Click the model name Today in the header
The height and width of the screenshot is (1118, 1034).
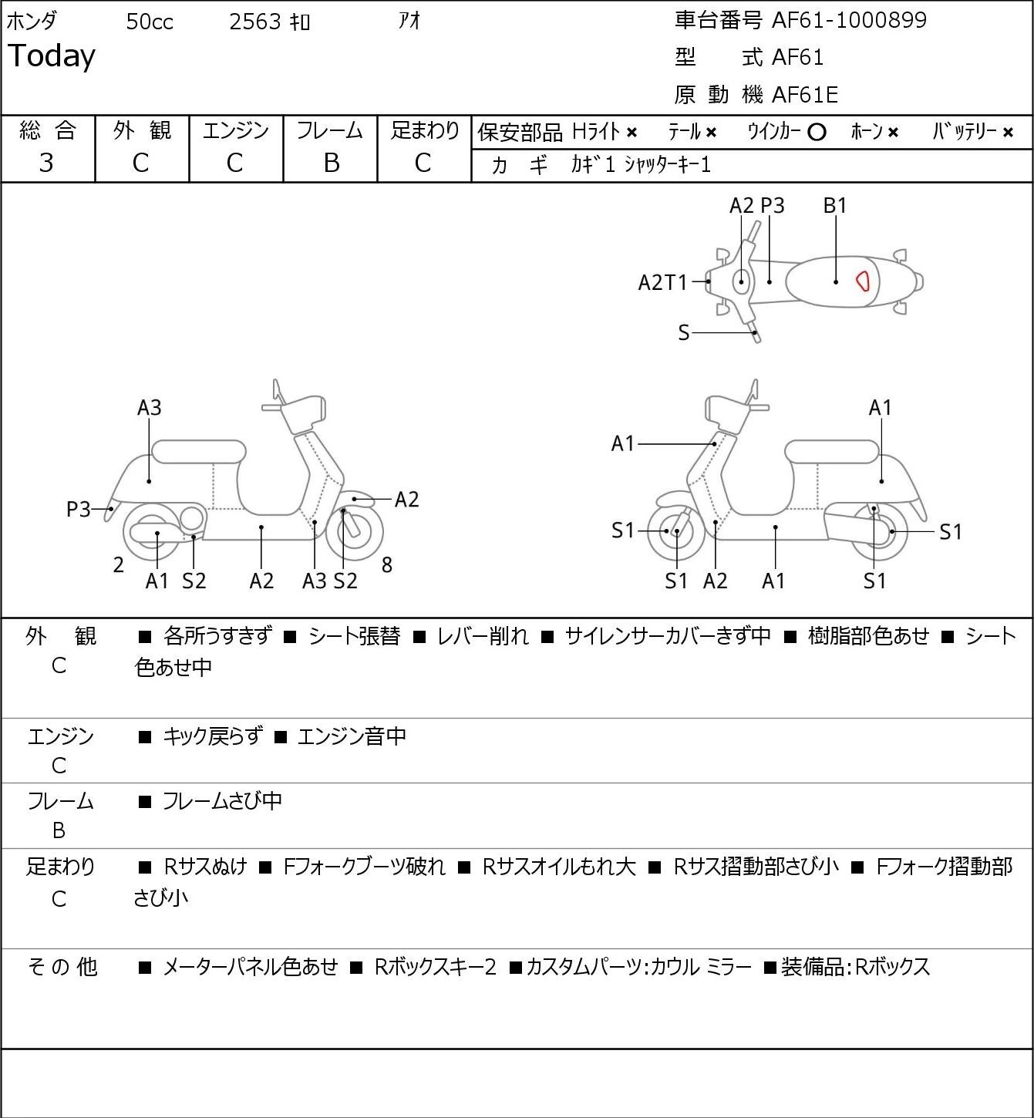tap(51, 56)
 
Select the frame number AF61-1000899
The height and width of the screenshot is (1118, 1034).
tap(849, 20)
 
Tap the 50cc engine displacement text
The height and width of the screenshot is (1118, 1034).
tap(150, 22)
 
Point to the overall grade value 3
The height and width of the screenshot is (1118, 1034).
tap(46, 163)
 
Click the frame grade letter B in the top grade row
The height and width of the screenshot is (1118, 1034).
tap(331, 163)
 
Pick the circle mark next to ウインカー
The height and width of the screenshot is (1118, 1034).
tap(816, 133)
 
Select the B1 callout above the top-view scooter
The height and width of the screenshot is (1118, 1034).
tap(834, 205)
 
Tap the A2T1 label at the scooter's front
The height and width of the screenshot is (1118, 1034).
tap(662, 282)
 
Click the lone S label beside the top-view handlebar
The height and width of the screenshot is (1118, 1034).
tap(684, 332)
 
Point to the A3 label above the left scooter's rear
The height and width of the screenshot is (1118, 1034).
tap(150, 407)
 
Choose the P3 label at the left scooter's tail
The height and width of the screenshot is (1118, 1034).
tap(79, 510)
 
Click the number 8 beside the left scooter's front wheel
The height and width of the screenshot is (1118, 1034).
tap(387, 564)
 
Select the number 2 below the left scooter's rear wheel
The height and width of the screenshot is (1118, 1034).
tap(118, 564)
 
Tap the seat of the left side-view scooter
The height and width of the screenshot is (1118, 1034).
tap(199, 452)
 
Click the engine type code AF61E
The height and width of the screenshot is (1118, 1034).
tap(805, 95)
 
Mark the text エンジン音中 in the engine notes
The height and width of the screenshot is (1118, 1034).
tap(352, 736)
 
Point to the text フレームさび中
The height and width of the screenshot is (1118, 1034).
tap(222, 801)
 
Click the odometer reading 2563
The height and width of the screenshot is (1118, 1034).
tap(255, 22)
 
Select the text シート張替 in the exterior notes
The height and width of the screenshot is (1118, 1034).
tap(354, 636)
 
